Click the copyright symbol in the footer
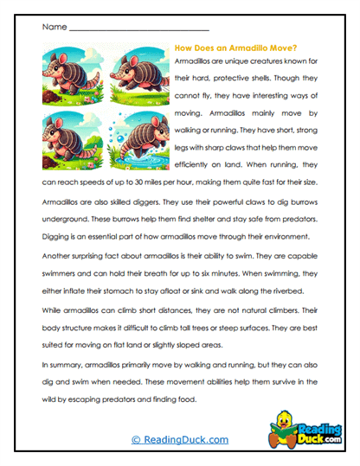tap(136, 440)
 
